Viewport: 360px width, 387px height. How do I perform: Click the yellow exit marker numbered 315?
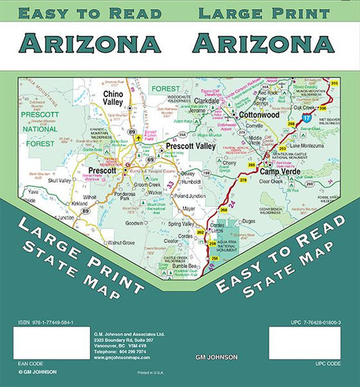tap(334, 83)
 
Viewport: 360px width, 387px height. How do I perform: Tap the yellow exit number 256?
tap(214, 259)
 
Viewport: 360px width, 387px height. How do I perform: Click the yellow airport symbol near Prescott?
tap(139, 138)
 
